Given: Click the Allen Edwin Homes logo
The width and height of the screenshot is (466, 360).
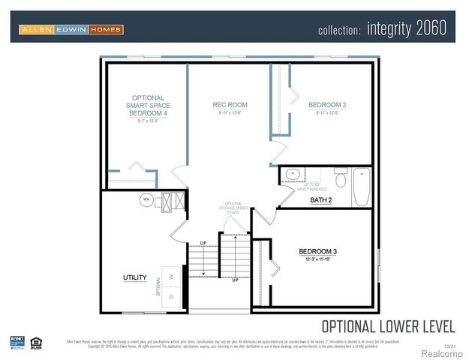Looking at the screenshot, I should (x=71, y=29).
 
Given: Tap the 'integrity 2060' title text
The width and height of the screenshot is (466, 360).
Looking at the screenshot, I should (x=407, y=28).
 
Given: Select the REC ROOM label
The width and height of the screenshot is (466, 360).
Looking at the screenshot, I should (x=230, y=105).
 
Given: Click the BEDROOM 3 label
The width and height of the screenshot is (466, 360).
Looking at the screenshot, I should (x=317, y=251).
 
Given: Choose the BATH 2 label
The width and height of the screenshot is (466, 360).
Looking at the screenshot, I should (x=320, y=200).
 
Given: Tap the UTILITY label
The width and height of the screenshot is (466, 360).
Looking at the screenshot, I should (x=134, y=277).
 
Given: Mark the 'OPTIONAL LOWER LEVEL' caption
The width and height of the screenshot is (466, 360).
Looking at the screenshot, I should (x=387, y=326).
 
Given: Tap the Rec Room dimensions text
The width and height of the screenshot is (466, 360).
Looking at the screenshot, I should (x=230, y=113).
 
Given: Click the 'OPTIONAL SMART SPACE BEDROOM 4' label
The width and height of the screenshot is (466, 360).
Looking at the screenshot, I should (x=148, y=105).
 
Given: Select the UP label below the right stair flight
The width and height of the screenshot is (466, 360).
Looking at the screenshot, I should (x=235, y=280).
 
